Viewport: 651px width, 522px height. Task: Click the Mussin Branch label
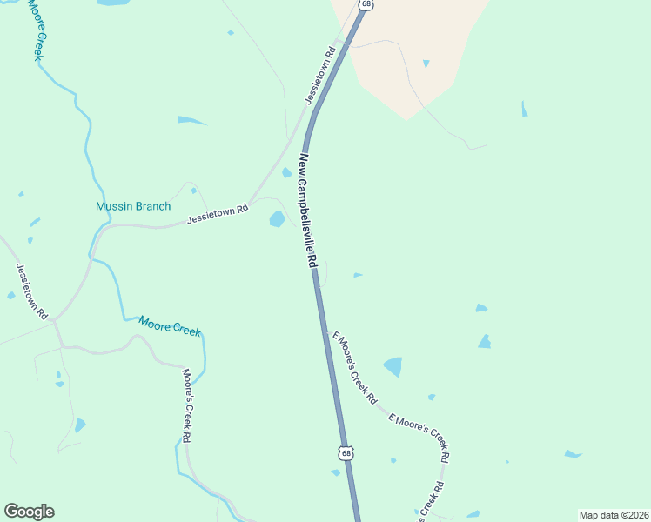[x=132, y=206]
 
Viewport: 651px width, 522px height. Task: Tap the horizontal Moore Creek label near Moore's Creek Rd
[x=170, y=325]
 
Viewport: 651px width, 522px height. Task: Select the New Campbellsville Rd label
[x=305, y=211]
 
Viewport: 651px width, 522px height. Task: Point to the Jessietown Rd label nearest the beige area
[x=320, y=77]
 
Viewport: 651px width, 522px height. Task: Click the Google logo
[x=29, y=512]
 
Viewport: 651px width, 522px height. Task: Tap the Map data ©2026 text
[x=614, y=515]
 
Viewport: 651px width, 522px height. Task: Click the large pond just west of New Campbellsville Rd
[x=278, y=218]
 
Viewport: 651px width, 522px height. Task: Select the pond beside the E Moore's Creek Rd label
[x=393, y=366]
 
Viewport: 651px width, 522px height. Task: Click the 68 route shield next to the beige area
[x=366, y=4]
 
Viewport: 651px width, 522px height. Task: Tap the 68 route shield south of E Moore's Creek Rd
[x=346, y=453]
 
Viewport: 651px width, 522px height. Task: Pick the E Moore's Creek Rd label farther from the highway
[x=419, y=436]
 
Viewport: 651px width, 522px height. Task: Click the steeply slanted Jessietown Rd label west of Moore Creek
[x=30, y=291]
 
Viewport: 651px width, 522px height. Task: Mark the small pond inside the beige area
[x=426, y=64]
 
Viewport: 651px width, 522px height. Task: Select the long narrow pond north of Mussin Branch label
[x=191, y=119]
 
